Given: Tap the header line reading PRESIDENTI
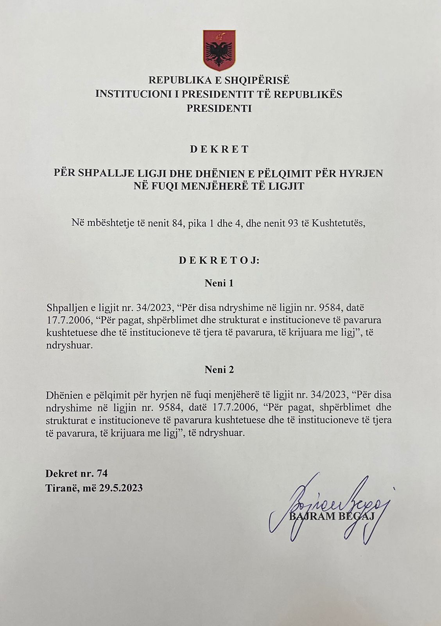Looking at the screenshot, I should pos(219,108).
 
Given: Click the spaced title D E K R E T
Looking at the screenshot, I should pos(219,149).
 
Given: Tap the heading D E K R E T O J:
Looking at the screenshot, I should pos(219,261).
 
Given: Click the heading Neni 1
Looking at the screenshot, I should pos(219,283).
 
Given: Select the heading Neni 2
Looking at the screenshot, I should pos(219,370).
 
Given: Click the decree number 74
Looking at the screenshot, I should pos(102,474).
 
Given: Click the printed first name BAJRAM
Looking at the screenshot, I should pos(312,516).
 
